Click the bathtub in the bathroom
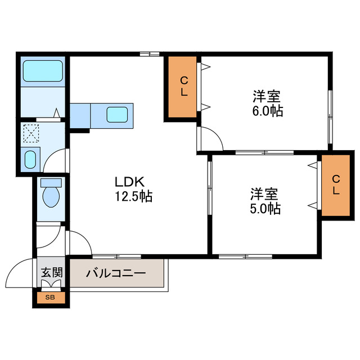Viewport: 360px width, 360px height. tap(42, 73)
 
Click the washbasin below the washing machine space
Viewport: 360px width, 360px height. tap(31, 159)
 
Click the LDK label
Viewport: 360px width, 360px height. tap(130, 182)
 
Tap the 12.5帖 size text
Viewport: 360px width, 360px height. tap(134, 197)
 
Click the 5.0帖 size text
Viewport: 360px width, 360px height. tap(265, 209)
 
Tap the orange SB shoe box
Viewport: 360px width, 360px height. tap(51, 296)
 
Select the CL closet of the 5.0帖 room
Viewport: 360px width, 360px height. tap(336, 184)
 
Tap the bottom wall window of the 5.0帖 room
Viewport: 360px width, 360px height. tap(245, 256)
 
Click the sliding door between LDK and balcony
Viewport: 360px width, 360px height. tap(116, 256)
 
